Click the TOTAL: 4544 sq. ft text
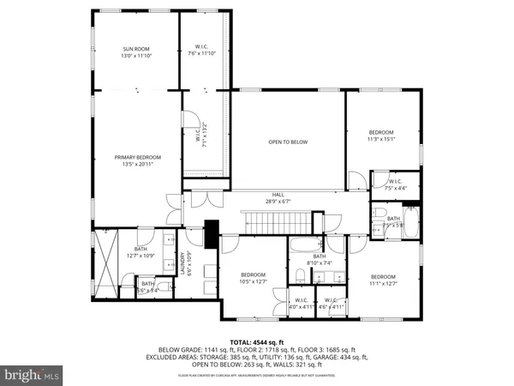point(257,341)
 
